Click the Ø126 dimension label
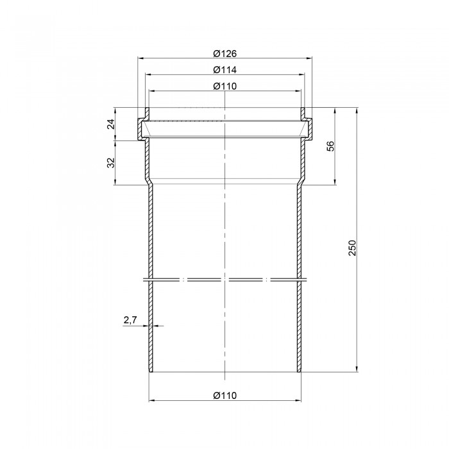[225, 53]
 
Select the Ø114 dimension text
[225, 70]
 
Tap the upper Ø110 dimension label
[225, 86]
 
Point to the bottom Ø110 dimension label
[225, 396]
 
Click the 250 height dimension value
[352, 248]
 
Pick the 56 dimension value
[331, 146]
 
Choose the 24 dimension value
[111, 124]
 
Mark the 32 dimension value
[111, 163]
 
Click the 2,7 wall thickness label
[130, 320]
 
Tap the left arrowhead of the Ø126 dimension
[140, 58]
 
